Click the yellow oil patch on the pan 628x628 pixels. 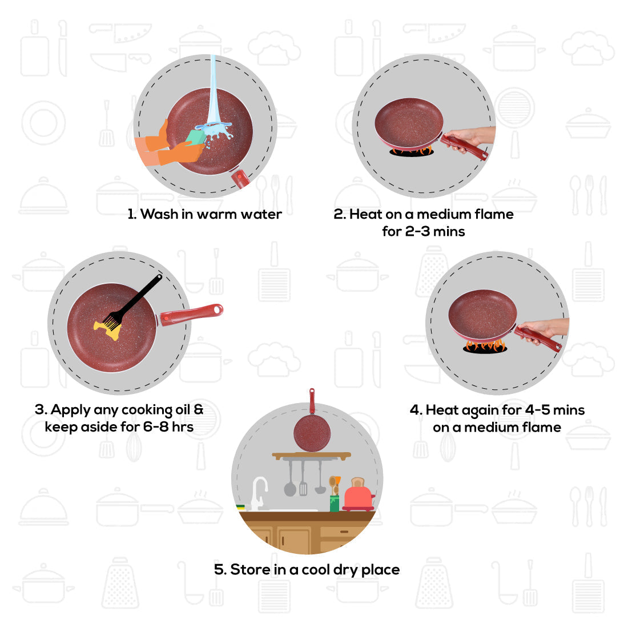click(108, 329)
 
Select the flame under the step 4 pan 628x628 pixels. click(485, 345)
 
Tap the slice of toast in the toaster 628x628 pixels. click(358, 482)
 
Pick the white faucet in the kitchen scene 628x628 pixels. click(259, 491)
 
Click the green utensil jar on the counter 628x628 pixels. click(335, 502)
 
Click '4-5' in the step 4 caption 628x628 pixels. click(537, 410)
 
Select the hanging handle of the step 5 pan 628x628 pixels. click(312, 401)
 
